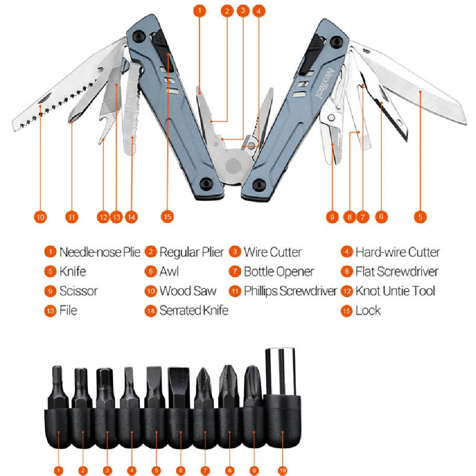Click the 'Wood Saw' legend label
188,291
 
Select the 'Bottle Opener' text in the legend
279,272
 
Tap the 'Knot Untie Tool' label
395,291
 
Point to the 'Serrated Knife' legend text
194,311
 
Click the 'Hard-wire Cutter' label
397,252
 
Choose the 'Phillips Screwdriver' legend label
290,291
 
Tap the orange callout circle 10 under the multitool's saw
40,217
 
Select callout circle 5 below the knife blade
420,217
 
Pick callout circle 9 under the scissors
332,217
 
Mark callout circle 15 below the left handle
167,217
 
